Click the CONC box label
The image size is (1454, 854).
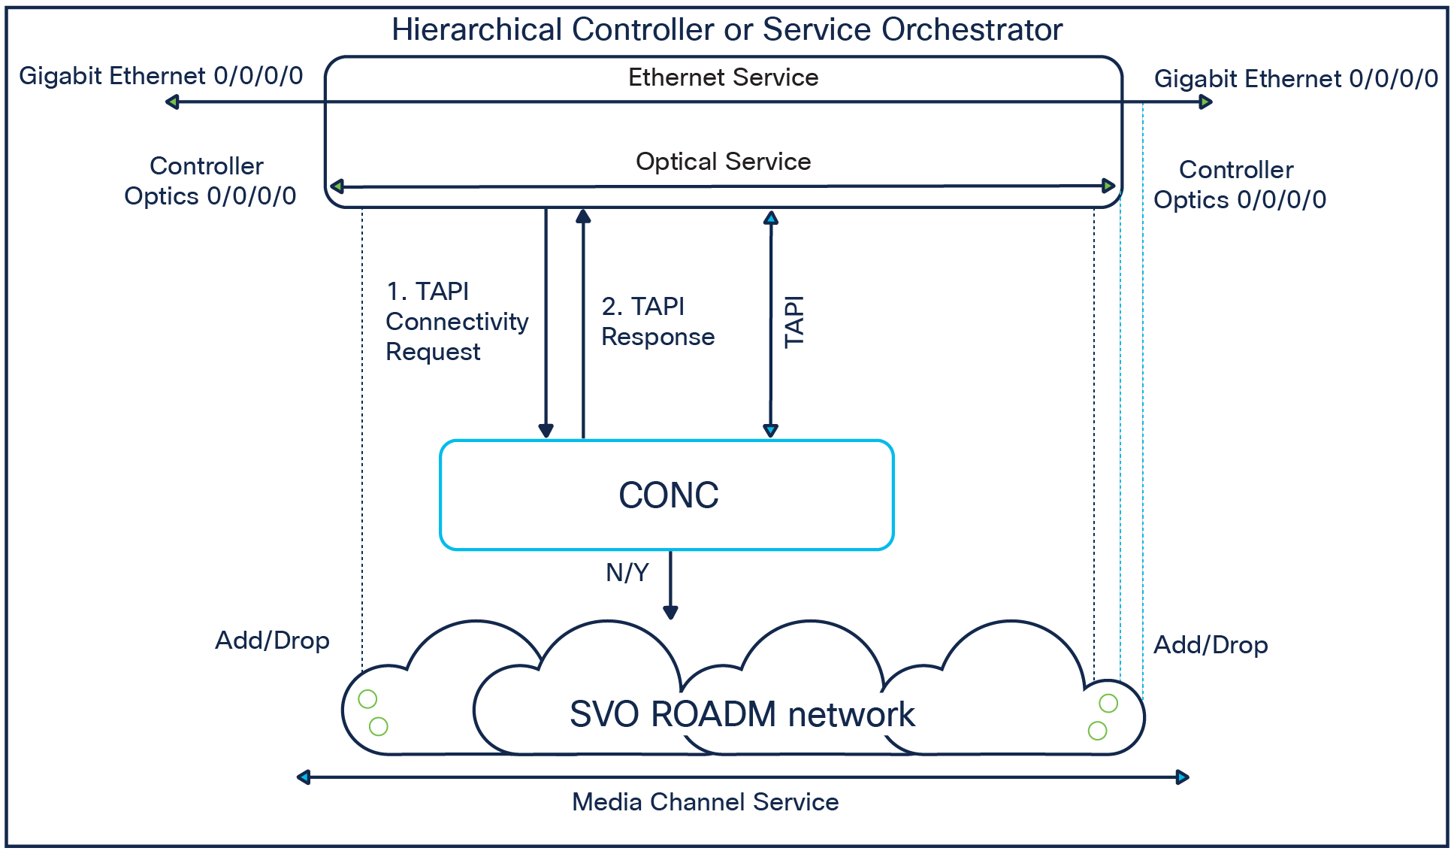[668, 495]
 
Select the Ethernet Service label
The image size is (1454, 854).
[723, 77]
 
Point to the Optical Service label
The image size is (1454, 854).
[723, 162]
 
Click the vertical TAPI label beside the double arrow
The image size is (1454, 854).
[794, 322]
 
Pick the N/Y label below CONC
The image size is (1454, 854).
[627, 573]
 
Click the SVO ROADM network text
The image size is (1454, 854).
[742, 714]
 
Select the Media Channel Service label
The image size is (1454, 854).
[705, 802]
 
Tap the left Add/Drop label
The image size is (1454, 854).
[272, 640]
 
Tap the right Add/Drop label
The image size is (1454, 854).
[1211, 645]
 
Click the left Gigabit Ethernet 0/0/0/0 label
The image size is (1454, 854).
[161, 76]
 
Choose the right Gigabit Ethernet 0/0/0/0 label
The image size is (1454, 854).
[1296, 79]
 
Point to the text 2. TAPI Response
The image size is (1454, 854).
[657, 322]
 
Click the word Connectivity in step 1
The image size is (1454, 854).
[457, 322]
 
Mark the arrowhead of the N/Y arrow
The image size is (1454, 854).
[671, 613]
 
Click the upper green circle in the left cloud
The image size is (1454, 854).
[367, 699]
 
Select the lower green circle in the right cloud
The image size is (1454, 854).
[1097, 730]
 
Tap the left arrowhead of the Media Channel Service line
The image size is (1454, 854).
[304, 777]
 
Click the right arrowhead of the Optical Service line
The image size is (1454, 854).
[1108, 186]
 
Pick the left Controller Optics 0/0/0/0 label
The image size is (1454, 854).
[210, 181]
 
